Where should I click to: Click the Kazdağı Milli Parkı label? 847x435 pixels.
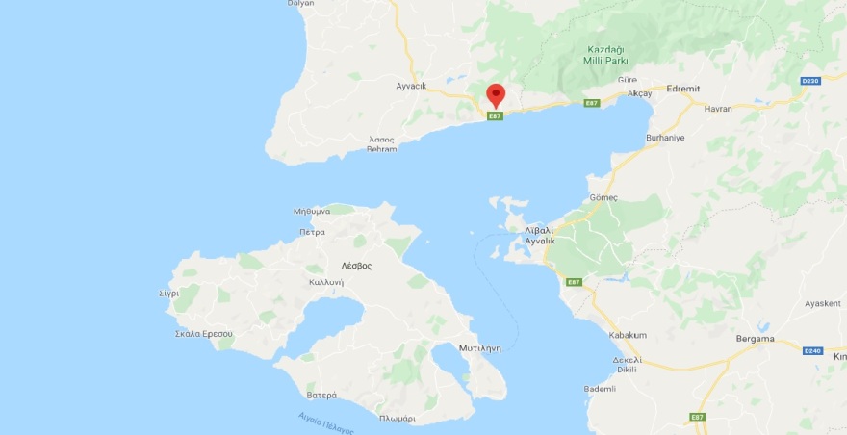point(606,54)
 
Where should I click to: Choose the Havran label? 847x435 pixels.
point(718,109)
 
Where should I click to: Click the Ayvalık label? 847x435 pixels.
point(540,241)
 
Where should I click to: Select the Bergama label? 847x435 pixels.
point(756,339)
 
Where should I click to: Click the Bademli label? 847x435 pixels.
point(600,389)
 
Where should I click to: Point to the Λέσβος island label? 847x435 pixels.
point(356,265)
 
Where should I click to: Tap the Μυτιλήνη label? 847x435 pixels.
point(480,348)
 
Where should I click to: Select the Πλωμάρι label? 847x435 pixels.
point(397,419)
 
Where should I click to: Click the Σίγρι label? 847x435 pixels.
point(169,294)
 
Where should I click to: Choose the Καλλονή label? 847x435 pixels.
point(326,282)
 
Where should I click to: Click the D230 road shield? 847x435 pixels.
point(809,81)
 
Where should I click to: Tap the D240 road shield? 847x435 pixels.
point(811,350)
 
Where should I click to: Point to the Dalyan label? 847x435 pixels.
point(301,4)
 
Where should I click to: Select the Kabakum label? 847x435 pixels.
point(627,335)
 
